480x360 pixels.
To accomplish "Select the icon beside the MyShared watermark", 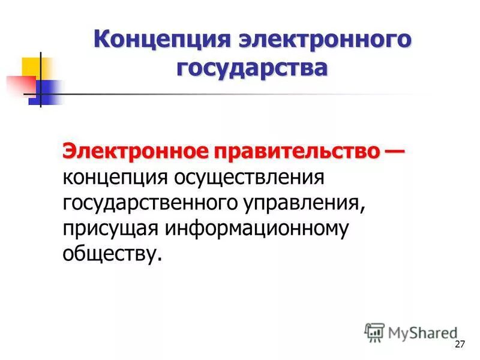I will [x=374, y=332].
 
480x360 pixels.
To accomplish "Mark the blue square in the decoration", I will [x=48, y=93].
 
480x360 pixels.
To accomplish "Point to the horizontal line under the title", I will [x=240, y=95].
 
